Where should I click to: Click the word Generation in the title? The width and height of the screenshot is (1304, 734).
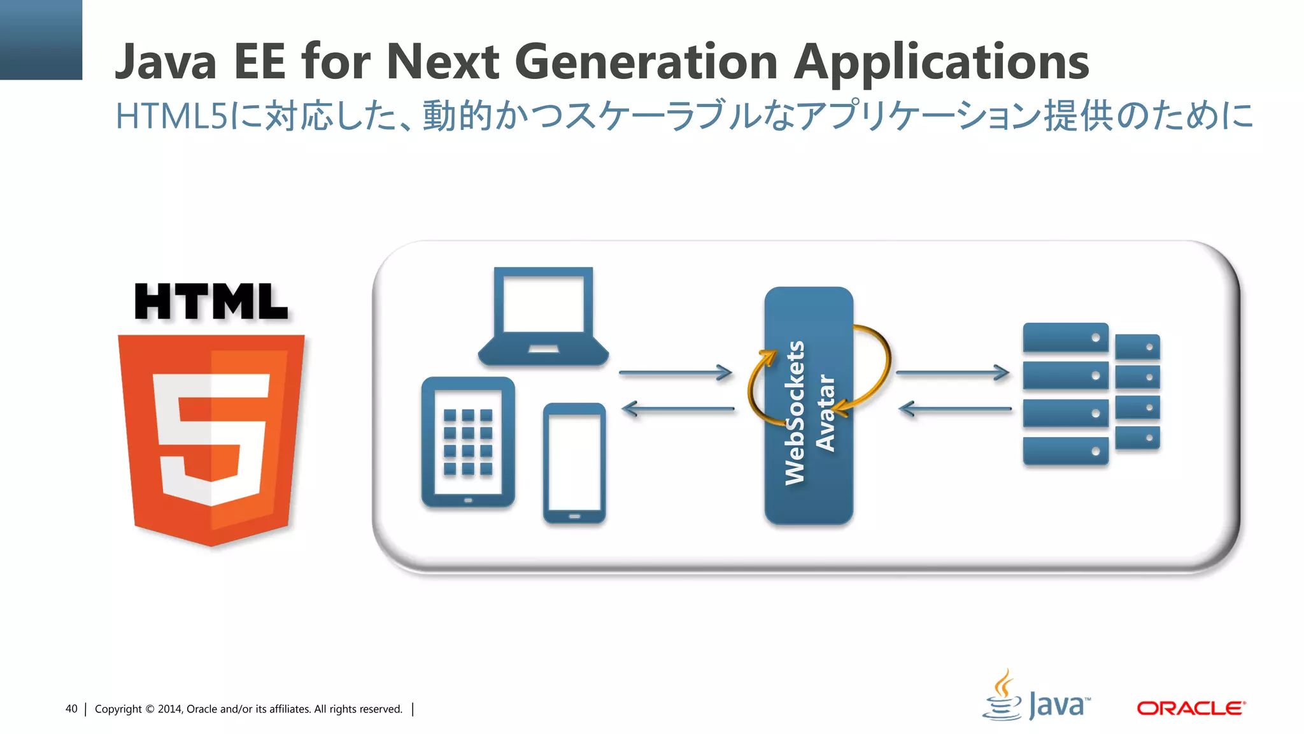pyautogui.click(x=646, y=62)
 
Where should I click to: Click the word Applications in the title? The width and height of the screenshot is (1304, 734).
pyautogui.click(x=941, y=63)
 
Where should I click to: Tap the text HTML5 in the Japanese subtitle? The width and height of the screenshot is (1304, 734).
pyautogui.click(x=171, y=117)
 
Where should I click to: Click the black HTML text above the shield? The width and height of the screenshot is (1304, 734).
pyautogui.click(x=211, y=302)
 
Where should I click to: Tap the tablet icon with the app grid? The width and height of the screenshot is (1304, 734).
pyautogui.click(x=468, y=442)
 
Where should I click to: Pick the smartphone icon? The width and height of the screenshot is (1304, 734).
pyautogui.click(x=574, y=463)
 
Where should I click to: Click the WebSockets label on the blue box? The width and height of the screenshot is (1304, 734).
pyautogui.click(x=795, y=413)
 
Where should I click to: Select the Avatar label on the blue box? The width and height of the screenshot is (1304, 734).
pyautogui.click(x=825, y=413)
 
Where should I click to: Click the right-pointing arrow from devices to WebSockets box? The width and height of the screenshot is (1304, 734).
pyautogui.click(x=676, y=373)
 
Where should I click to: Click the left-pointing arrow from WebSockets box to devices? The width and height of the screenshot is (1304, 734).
pyautogui.click(x=677, y=408)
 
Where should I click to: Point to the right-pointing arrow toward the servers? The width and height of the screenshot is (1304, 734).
pyautogui.click(x=953, y=372)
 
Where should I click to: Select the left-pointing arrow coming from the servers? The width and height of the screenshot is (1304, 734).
pyautogui.click(x=955, y=408)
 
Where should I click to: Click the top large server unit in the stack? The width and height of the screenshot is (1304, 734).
pyautogui.click(x=1065, y=337)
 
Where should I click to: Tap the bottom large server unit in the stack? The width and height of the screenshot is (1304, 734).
pyautogui.click(x=1065, y=450)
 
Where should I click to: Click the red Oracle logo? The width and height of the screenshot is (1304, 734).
pyautogui.click(x=1191, y=708)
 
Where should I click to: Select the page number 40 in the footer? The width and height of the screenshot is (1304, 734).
pyautogui.click(x=71, y=709)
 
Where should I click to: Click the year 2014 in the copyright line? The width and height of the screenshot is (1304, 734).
pyautogui.click(x=170, y=709)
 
